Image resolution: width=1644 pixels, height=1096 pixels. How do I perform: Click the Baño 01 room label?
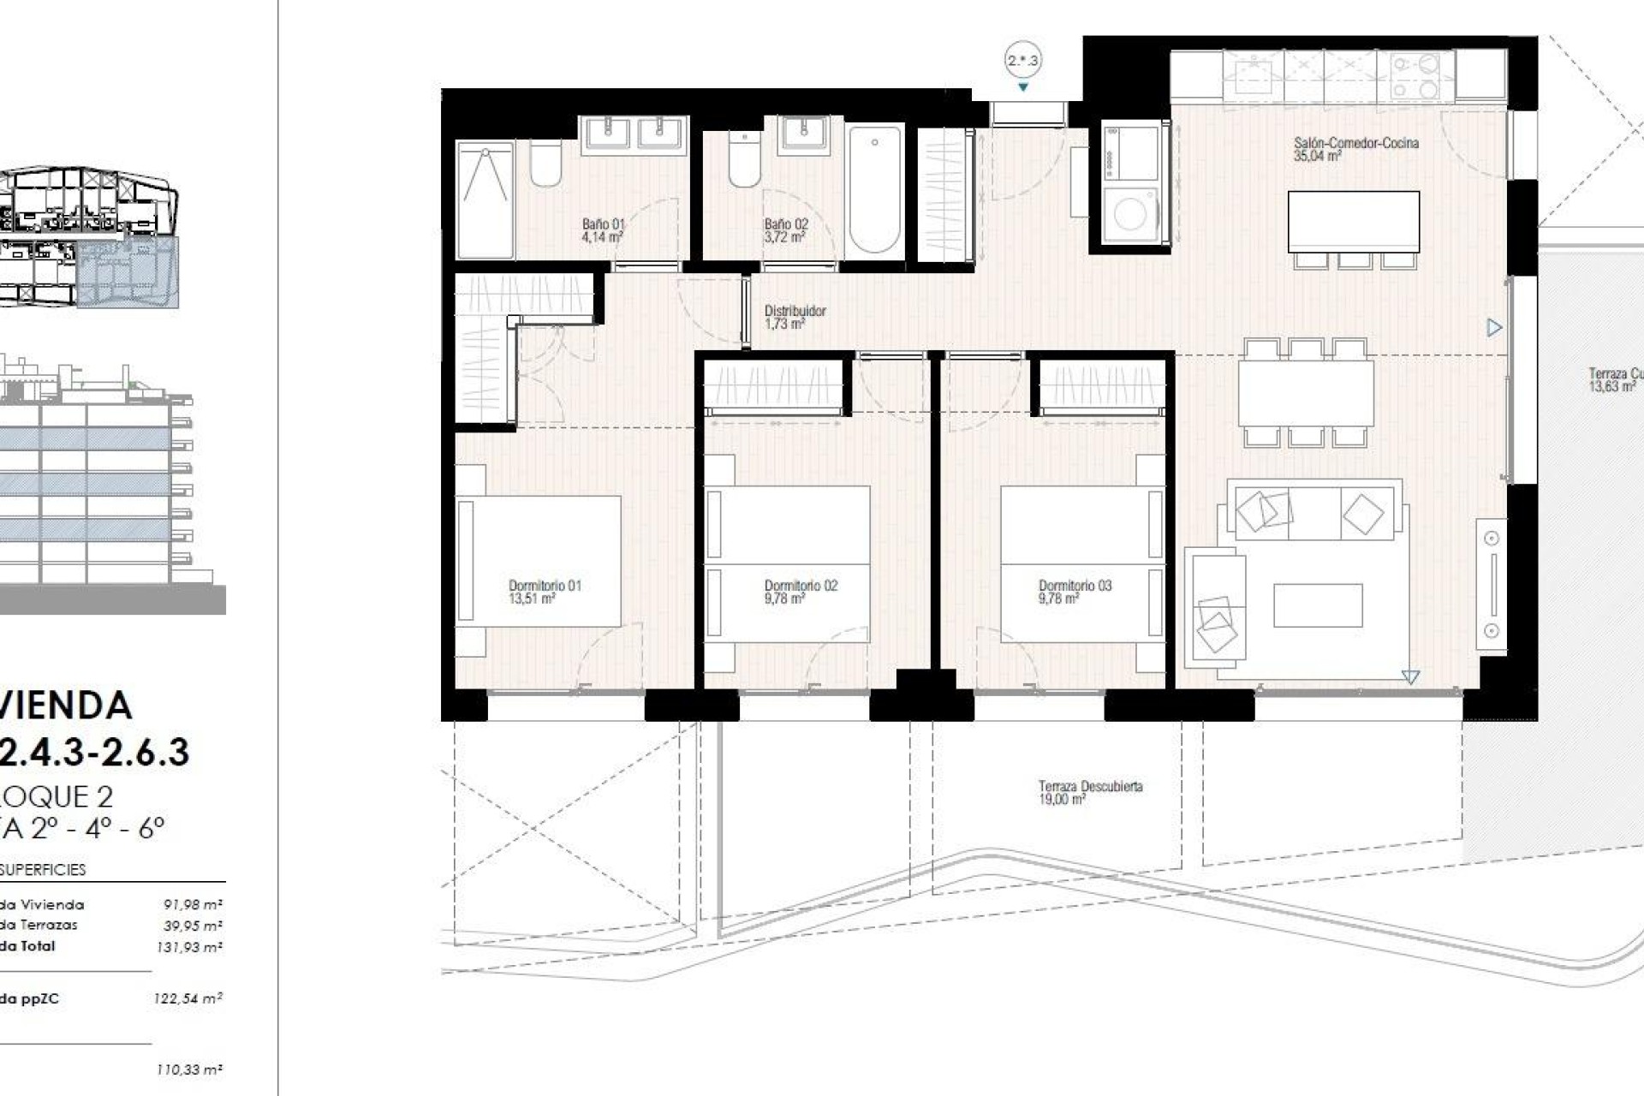603,230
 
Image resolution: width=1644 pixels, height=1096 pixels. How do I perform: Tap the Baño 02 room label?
786,230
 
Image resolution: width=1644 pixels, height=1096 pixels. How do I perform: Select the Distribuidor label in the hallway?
795,317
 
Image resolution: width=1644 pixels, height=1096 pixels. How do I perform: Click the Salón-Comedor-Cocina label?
1355,149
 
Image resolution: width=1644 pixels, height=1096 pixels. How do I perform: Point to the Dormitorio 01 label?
545,592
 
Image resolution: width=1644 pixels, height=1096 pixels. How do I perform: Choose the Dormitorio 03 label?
1075,592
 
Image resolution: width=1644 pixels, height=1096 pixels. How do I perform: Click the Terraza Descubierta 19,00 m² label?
1090,792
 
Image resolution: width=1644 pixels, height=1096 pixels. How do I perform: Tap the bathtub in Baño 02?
874,189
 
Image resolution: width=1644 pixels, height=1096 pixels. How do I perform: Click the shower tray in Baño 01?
485,200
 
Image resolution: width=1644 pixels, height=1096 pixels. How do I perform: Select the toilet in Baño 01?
545,164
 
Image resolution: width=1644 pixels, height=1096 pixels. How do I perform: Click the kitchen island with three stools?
1353,221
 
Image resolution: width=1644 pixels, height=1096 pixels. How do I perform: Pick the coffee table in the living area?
1317,605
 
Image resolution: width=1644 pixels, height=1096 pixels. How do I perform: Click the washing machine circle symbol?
1130,214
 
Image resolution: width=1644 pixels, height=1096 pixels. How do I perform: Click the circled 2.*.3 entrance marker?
1022,61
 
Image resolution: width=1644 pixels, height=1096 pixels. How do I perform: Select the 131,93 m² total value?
189,947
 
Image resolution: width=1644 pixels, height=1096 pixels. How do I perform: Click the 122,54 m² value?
189,998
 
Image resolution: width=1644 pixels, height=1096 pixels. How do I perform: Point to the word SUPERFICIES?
43,870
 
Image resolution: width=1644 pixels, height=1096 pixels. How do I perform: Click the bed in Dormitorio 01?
538,561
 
